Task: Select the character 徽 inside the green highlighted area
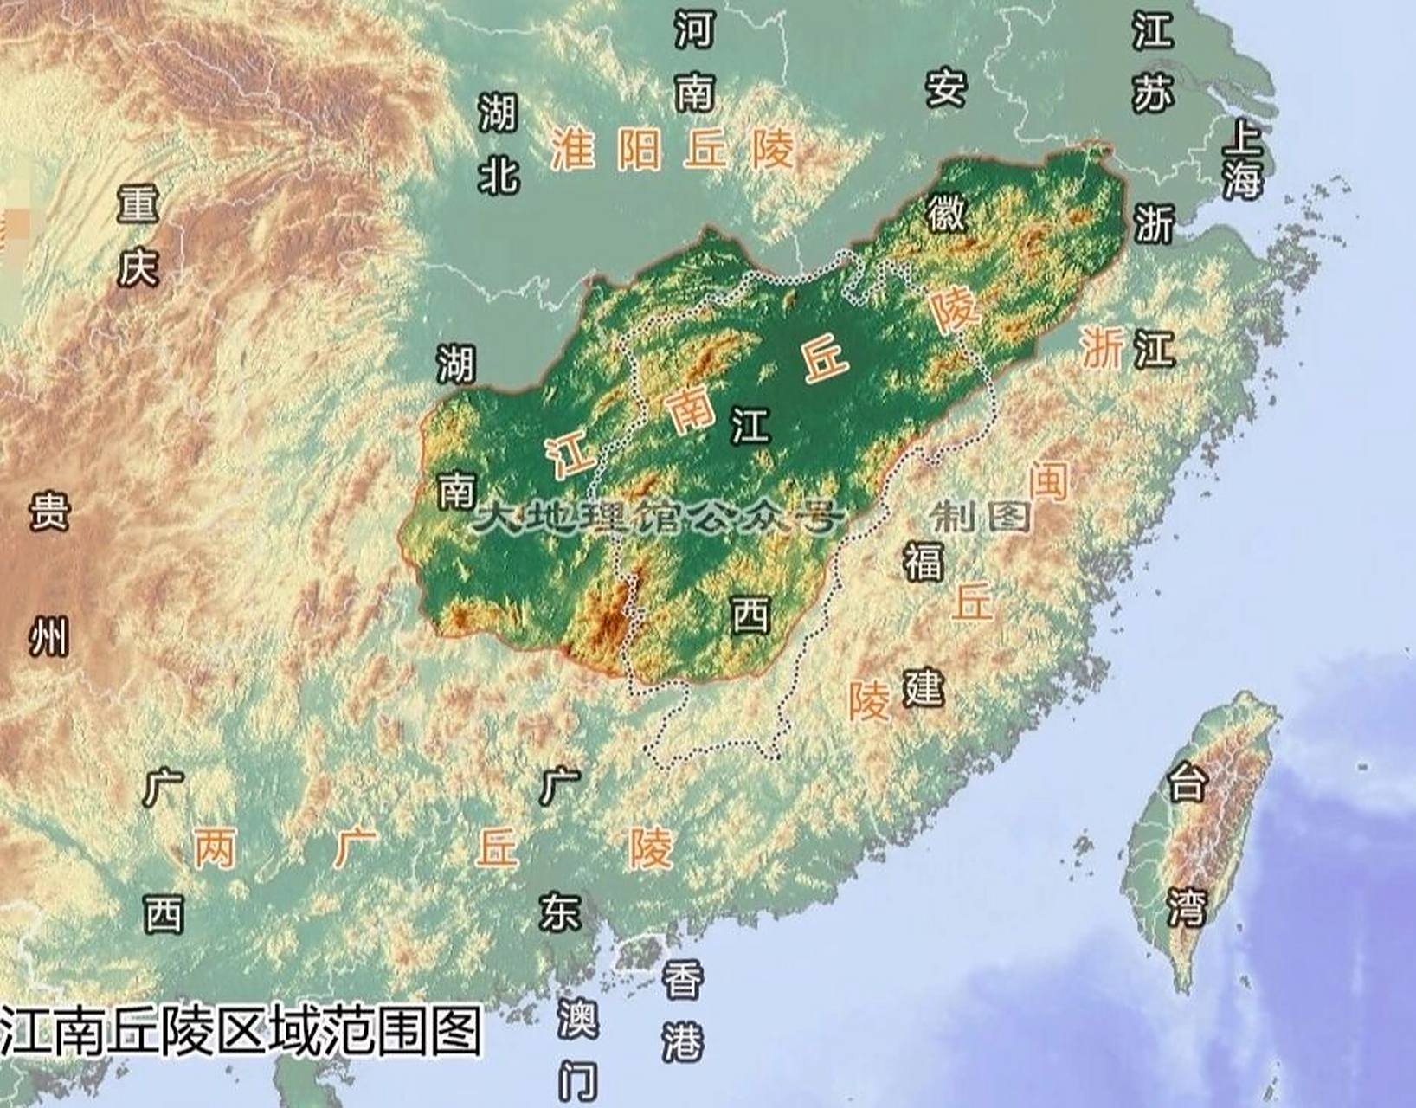click(x=946, y=211)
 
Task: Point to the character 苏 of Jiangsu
click(x=1152, y=92)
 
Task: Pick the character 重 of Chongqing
click(x=138, y=204)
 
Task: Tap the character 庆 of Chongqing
click(x=138, y=267)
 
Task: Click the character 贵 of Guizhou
click(x=48, y=511)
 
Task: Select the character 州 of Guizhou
click(x=48, y=638)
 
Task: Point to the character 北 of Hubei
click(x=499, y=176)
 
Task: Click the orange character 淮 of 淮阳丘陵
click(x=573, y=149)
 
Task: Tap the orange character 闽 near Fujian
click(x=1048, y=480)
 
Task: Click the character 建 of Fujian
click(x=923, y=688)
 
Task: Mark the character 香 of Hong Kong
click(x=683, y=981)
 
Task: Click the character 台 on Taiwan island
click(x=1186, y=783)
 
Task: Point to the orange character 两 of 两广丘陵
click(x=215, y=847)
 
